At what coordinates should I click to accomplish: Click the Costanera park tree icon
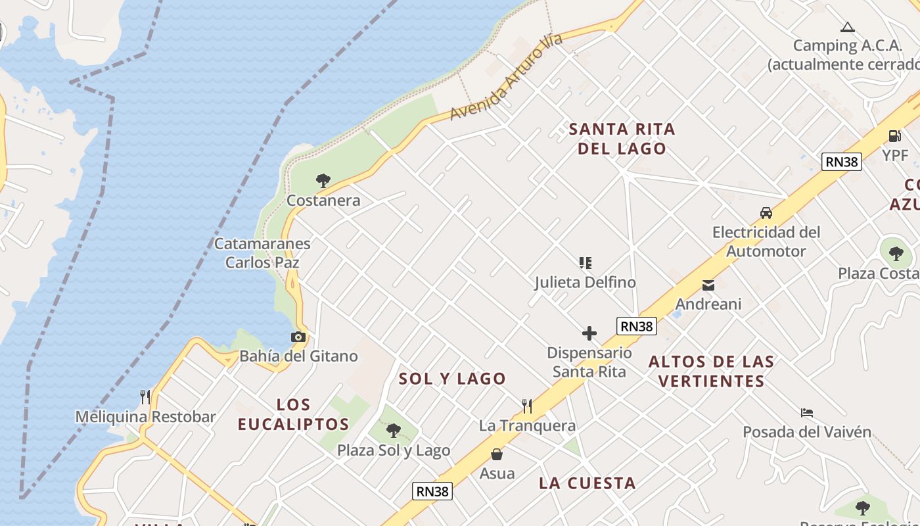point(323,180)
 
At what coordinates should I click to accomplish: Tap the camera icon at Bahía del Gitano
point(298,337)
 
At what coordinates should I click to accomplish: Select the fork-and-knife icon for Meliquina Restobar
point(145,396)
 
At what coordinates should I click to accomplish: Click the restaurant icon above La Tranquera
point(527,406)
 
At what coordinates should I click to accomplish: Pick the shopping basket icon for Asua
point(497,454)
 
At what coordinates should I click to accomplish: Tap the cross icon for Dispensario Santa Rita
point(589,333)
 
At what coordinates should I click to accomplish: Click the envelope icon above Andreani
point(708,285)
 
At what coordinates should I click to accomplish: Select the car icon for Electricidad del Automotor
point(766,213)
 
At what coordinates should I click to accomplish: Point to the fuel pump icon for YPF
point(894,136)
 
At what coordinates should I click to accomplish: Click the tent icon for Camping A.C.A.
point(847,27)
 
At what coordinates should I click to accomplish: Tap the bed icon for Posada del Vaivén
point(807,413)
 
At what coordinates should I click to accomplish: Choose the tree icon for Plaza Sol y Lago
point(394,431)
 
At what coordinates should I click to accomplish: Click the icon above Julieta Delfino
point(585,263)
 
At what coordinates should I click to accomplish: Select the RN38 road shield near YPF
point(841,161)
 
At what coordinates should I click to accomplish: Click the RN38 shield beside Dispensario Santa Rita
point(636,325)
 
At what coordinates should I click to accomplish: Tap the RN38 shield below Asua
point(432,490)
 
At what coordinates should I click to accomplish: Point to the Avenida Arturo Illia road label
point(507,77)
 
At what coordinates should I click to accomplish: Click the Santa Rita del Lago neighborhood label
point(622,139)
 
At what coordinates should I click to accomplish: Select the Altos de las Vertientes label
point(712,371)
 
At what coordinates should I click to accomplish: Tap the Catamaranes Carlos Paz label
point(262,253)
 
